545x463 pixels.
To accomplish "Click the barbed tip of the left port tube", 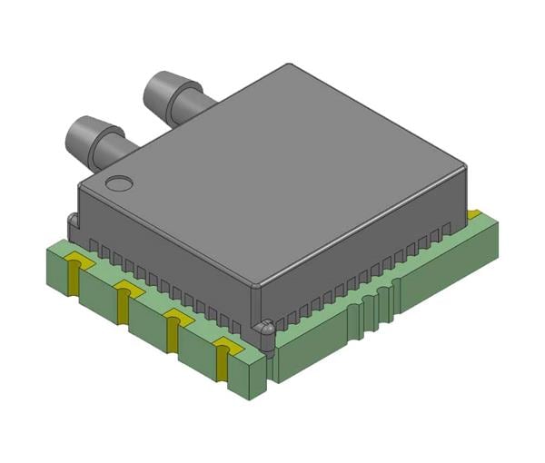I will click(x=83, y=134).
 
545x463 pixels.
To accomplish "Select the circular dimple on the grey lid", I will click(x=117, y=184).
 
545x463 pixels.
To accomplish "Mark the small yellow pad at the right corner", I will click(x=473, y=215).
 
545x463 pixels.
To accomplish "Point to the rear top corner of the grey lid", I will click(x=289, y=65).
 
